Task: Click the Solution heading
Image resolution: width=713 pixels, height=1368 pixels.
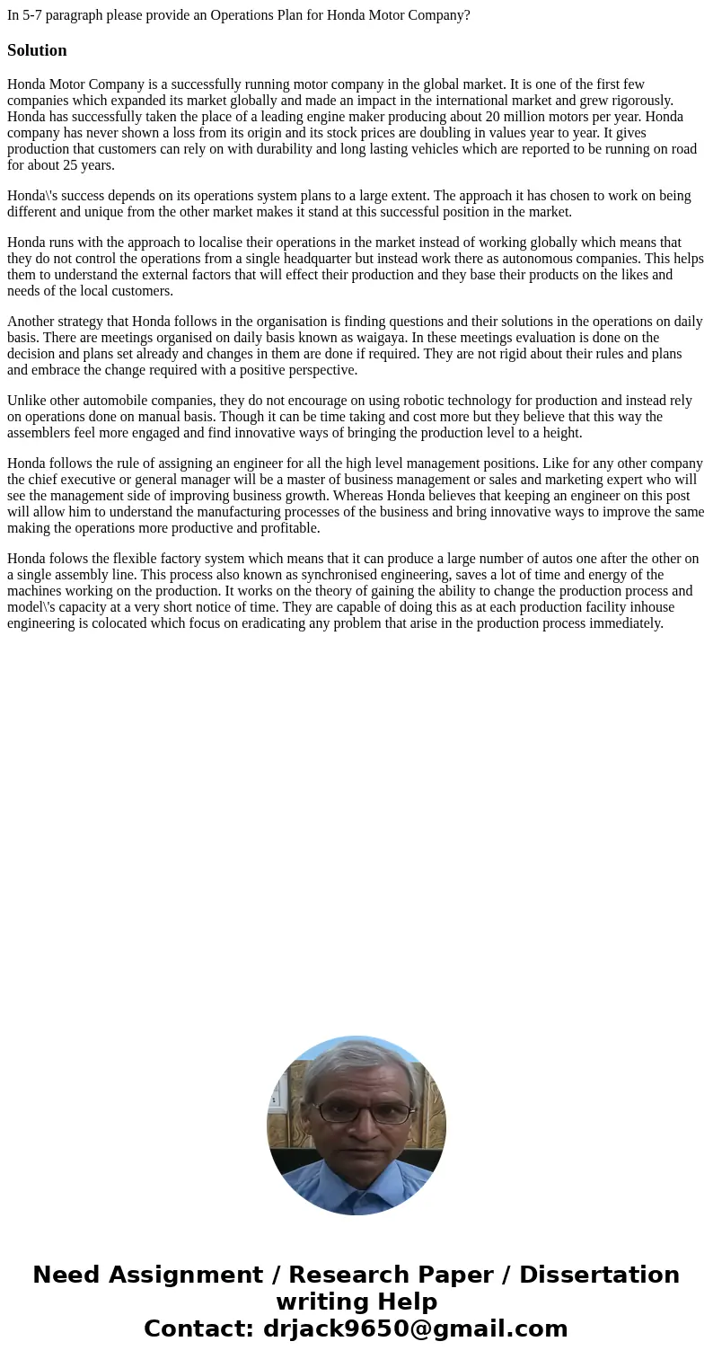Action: coord(37,50)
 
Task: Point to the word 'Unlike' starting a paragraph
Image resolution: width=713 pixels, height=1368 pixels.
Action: coord(27,401)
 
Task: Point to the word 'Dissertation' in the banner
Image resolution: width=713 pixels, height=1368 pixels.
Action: coord(599,1275)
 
